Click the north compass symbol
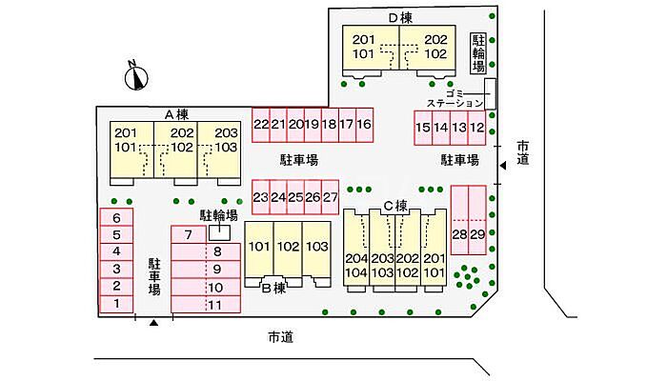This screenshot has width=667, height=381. point(136,76)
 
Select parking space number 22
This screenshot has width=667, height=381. point(260,125)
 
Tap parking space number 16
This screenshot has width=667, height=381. point(363,125)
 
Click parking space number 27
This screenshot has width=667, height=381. point(330,197)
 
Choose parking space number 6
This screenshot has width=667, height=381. point(116,218)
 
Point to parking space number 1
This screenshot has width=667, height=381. point(116,304)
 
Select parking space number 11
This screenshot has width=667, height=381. point(215,305)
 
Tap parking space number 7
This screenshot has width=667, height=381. point(189,235)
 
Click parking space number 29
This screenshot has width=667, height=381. point(477,234)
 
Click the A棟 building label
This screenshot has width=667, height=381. point(178,114)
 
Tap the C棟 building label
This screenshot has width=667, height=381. point(395,205)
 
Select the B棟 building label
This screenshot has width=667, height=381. point(274,287)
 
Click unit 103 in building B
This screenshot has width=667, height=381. point(317,247)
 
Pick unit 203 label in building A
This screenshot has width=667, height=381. point(225,133)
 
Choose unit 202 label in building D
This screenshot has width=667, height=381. point(435,39)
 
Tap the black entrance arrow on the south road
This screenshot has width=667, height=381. point(153,326)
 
